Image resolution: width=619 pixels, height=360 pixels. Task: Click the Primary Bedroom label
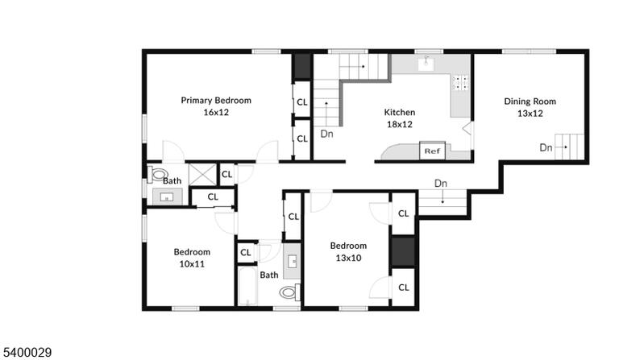tap(216, 100)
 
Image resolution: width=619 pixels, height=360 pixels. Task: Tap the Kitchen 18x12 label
tap(400, 118)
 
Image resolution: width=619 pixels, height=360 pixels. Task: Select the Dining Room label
tap(530, 101)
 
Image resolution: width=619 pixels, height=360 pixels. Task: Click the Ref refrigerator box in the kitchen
tap(432, 151)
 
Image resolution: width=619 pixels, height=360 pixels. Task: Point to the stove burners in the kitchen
tap(461, 82)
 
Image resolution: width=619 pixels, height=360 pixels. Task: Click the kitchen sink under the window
tap(426, 64)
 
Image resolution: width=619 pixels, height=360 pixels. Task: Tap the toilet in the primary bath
tap(158, 174)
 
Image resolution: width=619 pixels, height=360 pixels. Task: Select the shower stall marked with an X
tap(202, 174)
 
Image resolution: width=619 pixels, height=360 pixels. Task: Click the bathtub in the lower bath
tap(248, 286)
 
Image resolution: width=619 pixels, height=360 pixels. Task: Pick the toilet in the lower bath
tap(290, 292)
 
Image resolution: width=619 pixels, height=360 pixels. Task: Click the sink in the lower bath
tap(292, 261)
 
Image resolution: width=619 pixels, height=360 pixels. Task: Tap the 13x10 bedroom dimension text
tap(348, 258)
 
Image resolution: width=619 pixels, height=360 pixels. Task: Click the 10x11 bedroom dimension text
tap(192, 264)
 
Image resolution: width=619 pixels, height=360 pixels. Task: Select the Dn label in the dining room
tap(546, 147)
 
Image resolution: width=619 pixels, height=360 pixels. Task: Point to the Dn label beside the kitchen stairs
tap(327, 134)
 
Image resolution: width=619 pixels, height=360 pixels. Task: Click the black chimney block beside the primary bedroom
tap(302, 67)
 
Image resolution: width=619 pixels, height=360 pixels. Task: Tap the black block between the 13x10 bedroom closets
tap(403, 251)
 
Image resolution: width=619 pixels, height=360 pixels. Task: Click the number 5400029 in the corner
tap(27, 352)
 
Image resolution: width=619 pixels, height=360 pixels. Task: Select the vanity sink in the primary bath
tap(167, 197)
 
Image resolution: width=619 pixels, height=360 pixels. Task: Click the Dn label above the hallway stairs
tap(441, 184)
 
